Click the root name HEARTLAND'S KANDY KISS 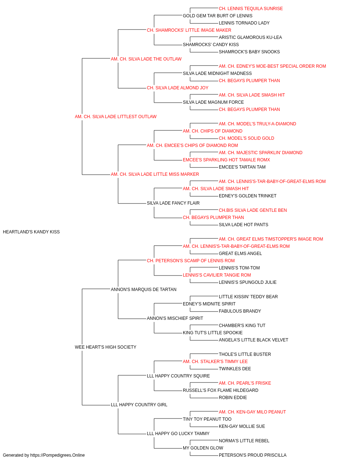pyautogui.click(x=31, y=232)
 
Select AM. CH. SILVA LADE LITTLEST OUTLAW pyautogui.click(x=116, y=117)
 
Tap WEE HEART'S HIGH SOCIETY pyautogui.click(x=105, y=347)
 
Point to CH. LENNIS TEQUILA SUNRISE pyautogui.click(x=251, y=9)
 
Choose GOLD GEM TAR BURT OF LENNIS pyautogui.click(x=217, y=16)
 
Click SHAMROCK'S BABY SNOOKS pyautogui.click(x=249, y=52)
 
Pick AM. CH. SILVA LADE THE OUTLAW pyautogui.click(x=146, y=59)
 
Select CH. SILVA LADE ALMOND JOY pyautogui.click(x=177, y=88)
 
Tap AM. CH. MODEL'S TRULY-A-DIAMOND pyautogui.click(x=257, y=124)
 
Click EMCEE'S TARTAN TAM pyautogui.click(x=242, y=167)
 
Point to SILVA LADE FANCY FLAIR pyautogui.click(x=173, y=203)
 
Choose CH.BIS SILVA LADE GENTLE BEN pyautogui.click(x=253, y=210)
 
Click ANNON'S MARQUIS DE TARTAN pyautogui.click(x=144, y=290)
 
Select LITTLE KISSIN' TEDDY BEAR pyautogui.click(x=248, y=297)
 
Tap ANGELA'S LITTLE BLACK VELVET pyautogui.click(x=253, y=340)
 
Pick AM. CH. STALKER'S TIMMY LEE pyautogui.click(x=215, y=362)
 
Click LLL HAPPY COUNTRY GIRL pyautogui.click(x=139, y=405)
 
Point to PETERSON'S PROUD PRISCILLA pyautogui.click(x=252, y=455)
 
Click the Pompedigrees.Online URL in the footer pyautogui.click(x=57, y=455)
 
